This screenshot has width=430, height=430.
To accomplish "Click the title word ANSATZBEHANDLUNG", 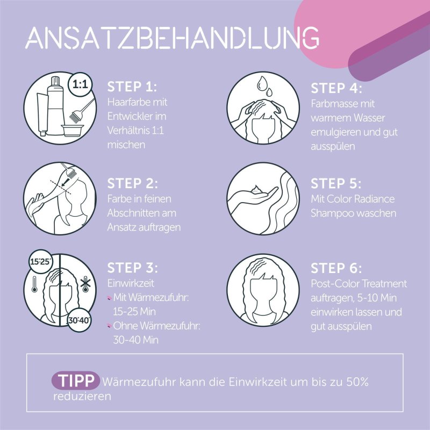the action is coord(172,38).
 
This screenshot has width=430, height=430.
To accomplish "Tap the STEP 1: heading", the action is coord(132,87).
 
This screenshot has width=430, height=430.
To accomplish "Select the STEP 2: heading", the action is coord(132,183).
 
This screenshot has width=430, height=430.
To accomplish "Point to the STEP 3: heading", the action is coord(132,268).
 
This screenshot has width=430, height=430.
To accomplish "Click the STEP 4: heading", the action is coord(336,88).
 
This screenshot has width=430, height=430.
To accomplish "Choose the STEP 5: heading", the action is coord(336,183).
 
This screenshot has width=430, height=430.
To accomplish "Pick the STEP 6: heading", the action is coord(336,268).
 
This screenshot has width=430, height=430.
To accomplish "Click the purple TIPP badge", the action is coord(76,381).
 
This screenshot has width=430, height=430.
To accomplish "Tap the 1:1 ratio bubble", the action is coord(80,85).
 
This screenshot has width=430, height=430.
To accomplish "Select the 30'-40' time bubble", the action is coord(79,320).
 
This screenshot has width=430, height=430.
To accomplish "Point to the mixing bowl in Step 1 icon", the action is coord(73,130).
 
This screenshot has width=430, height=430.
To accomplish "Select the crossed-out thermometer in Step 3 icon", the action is coord(85,284).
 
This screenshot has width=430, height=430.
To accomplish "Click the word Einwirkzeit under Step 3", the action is coord(131,283).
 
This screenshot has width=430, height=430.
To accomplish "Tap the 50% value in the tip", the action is coord(357,382).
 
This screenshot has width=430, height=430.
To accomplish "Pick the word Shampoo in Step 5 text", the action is coord(331,213).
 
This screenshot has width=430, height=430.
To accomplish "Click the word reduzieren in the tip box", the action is coord(82,396).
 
